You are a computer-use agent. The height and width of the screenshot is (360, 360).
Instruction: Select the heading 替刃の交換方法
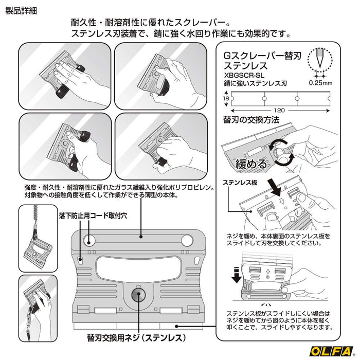[x=251, y=120]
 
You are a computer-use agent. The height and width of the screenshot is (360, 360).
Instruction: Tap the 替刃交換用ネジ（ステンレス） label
[x=136, y=338]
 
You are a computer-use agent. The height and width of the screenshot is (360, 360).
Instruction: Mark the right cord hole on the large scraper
[x=187, y=240]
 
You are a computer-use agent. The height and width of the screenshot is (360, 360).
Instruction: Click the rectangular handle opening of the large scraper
[x=138, y=266]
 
